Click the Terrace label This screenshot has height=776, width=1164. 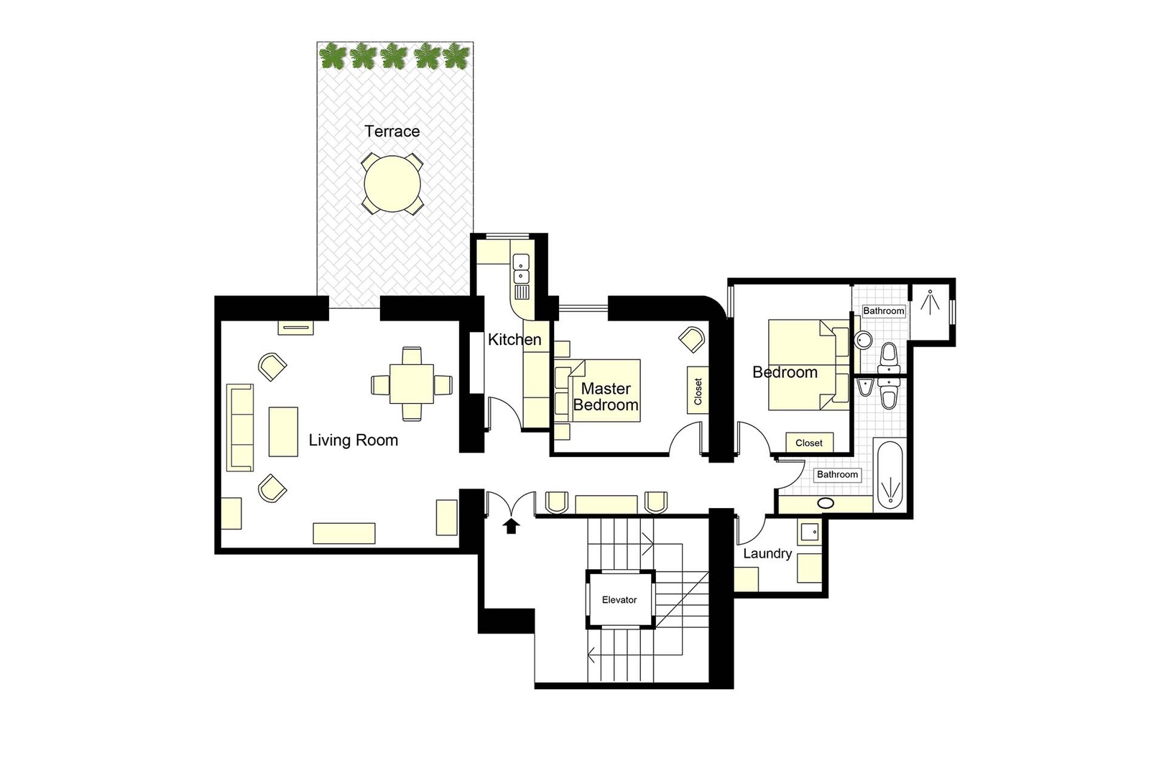click(x=392, y=131)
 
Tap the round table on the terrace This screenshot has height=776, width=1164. click(x=392, y=183)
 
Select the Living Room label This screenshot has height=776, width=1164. click(x=354, y=440)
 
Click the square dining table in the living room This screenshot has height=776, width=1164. click(x=412, y=384)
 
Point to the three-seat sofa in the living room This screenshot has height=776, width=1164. click(x=240, y=428)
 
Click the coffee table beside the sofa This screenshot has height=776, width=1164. click(x=283, y=432)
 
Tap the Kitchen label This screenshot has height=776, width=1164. click(x=514, y=339)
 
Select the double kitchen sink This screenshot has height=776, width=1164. click(x=521, y=269)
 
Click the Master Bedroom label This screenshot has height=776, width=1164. click(x=606, y=397)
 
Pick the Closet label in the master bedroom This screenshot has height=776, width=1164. click(x=698, y=391)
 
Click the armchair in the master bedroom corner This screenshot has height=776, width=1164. click(x=692, y=339)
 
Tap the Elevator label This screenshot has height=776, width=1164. click(x=619, y=600)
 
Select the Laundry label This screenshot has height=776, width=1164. click(x=767, y=553)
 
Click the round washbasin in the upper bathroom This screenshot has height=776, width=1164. click(x=863, y=341)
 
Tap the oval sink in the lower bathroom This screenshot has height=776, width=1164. click(x=826, y=503)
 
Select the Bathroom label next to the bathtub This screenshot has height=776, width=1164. click(x=837, y=474)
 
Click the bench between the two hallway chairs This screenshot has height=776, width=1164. click(x=606, y=504)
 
